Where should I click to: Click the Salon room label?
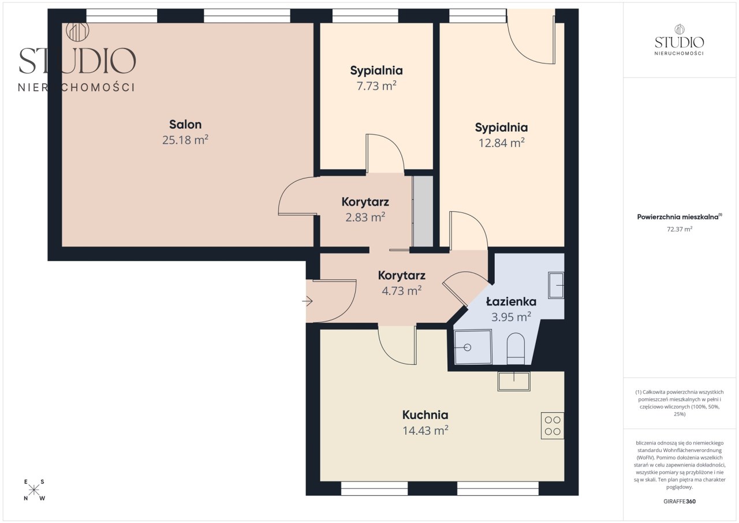tap(185, 124)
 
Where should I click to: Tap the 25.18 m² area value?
tap(185, 140)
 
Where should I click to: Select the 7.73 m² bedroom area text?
tap(376, 86)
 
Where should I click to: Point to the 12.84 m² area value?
tap(502, 143)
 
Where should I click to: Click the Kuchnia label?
tap(426, 415)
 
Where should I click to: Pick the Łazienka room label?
tap(511, 301)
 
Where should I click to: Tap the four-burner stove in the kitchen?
tap(553, 425)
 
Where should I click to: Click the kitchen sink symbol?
tap(514, 382)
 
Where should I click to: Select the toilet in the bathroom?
tap(516, 348)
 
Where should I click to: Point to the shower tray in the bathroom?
tap(473, 346)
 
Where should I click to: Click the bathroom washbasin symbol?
tap(556, 285)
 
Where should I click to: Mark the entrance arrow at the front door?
tap(307, 301)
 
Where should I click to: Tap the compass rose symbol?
tap(33, 490)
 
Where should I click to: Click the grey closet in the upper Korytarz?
tap(423, 211)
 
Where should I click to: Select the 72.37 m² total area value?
tap(680, 229)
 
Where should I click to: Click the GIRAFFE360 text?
tap(680, 501)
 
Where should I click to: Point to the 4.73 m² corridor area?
tap(401, 291)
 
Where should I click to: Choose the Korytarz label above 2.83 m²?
tap(365, 202)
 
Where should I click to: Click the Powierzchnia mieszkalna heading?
tap(680, 216)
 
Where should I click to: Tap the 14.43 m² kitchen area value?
tap(426, 430)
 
